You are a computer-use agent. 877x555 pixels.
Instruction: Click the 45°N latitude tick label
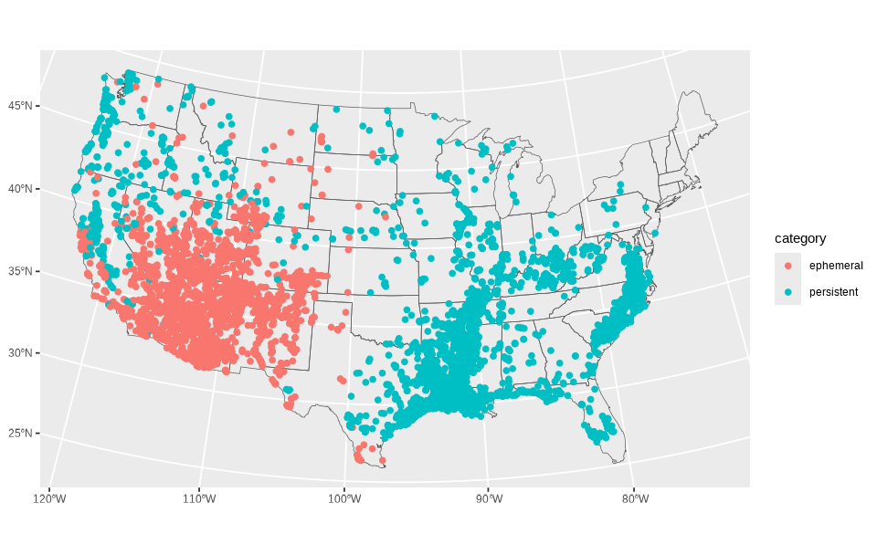[x=20, y=106]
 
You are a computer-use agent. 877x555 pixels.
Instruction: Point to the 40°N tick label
[x=20, y=189]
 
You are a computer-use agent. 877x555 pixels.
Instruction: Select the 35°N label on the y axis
[x=20, y=271]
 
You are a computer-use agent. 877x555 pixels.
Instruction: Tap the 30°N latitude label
[x=20, y=353]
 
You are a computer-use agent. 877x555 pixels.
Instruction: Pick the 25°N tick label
[x=20, y=434]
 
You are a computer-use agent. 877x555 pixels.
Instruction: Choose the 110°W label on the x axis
[x=199, y=498]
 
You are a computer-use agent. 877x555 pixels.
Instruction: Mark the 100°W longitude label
[x=343, y=498]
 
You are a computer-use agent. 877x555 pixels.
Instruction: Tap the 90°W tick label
[x=489, y=498]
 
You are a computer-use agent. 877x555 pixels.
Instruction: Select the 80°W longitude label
[x=635, y=498]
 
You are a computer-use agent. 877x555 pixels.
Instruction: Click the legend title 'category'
[x=800, y=238]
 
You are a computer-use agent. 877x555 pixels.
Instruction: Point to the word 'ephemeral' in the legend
[x=835, y=266]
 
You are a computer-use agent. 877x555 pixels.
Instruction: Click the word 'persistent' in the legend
[x=833, y=292]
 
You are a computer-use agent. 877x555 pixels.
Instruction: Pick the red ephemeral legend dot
[x=787, y=266]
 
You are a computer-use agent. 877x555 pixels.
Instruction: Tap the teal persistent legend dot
[x=787, y=292]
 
